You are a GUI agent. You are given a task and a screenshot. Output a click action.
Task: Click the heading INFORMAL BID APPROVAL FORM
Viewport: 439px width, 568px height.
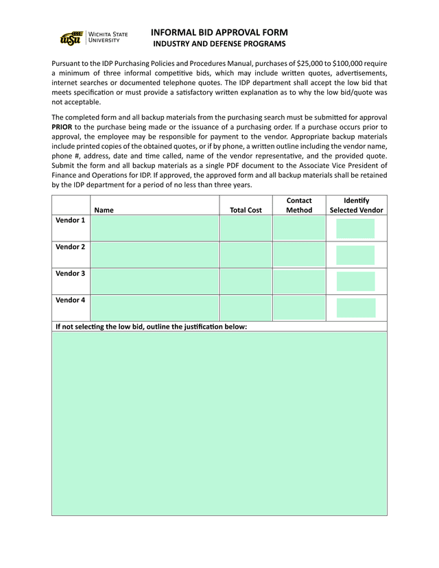click(219, 32)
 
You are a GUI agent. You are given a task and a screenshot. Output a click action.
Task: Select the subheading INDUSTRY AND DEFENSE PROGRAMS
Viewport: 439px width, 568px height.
click(219, 45)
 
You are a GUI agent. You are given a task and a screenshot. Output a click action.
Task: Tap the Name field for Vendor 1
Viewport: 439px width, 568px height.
click(154, 228)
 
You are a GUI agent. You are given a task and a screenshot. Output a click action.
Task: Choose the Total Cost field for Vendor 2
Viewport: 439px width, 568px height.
click(246, 255)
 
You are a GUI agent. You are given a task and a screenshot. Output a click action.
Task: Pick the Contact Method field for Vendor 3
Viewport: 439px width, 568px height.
click(299, 281)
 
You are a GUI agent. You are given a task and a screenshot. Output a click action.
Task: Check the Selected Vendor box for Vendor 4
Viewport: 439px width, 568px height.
click(356, 308)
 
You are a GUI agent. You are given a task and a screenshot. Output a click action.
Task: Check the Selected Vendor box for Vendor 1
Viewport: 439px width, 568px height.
click(356, 228)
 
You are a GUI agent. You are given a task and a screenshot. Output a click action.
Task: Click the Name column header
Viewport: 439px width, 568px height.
click(104, 211)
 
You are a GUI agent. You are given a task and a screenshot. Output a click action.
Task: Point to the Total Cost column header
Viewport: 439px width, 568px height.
click(246, 211)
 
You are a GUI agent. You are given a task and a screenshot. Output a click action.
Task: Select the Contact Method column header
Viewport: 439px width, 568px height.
click(299, 205)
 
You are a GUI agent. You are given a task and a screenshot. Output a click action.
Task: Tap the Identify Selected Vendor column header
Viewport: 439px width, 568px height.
click(356, 205)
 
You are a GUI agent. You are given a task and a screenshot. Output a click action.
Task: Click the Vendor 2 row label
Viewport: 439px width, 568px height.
click(70, 247)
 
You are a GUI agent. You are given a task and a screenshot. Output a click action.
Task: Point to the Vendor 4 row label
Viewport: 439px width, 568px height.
click(70, 300)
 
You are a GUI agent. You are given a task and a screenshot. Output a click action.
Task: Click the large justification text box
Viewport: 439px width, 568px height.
click(219, 423)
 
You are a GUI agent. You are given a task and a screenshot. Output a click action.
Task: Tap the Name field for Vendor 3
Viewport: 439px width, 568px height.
click(154, 281)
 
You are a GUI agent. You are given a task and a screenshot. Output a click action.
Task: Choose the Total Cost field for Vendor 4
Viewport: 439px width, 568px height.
click(246, 308)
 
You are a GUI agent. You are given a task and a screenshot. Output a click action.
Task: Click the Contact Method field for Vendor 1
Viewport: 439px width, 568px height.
click(299, 228)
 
